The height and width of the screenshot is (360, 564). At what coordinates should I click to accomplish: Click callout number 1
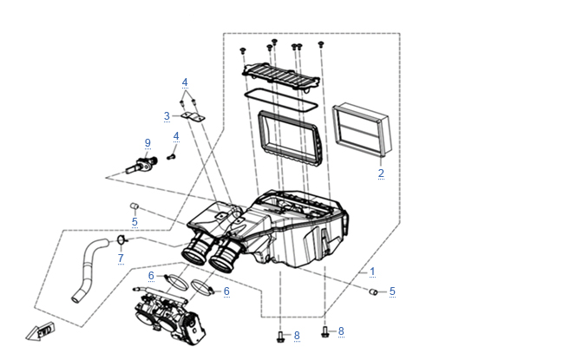pos(372,272)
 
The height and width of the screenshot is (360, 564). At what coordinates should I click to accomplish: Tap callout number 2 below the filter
pos(381,173)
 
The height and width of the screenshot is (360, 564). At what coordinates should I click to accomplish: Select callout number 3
pos(167,116)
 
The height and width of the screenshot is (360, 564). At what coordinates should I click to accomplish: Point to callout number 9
pos(148,143)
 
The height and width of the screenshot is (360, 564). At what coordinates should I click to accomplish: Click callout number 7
pos(121,259)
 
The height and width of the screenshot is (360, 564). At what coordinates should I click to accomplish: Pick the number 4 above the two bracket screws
pos(185,82)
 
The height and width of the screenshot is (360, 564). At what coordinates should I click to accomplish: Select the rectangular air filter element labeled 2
pos(361,129)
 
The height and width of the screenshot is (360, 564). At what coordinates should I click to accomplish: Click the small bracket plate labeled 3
pos(193,117)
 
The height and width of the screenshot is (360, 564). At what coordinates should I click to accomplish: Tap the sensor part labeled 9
pos(142,165)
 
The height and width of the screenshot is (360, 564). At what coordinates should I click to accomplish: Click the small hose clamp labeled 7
pos(121,239)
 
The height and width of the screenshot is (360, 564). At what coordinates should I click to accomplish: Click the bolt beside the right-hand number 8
pos(325,332)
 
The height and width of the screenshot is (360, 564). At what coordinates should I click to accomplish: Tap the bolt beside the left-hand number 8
pos(280,337)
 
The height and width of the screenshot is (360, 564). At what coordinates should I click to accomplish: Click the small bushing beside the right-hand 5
pos(373,291)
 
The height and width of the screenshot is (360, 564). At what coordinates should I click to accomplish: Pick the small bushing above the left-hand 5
pos(134,206)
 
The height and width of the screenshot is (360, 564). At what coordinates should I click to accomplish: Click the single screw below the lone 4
pos(171,157)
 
